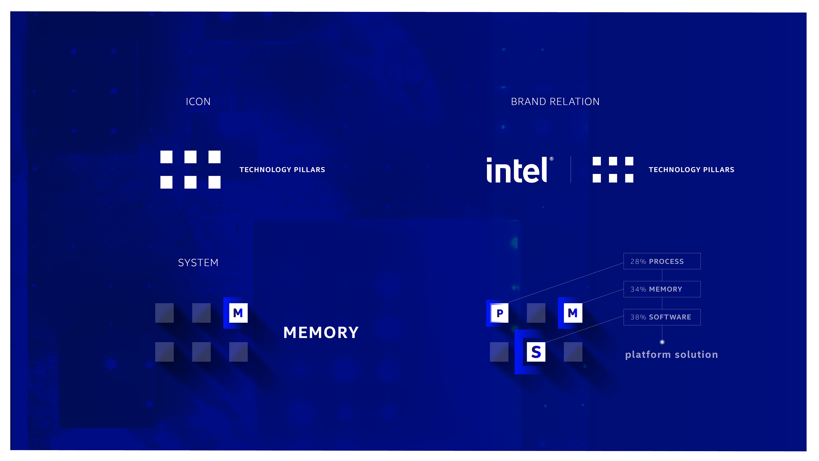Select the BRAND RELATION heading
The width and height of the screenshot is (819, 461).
[555, 102]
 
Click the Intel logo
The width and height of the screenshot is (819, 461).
[517, 170]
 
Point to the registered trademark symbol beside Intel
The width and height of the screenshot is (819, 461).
[551, 159]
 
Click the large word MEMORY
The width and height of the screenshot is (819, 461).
[321, 333]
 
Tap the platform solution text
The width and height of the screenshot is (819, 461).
[671, 355]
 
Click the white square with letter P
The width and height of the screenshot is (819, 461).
[500, 313]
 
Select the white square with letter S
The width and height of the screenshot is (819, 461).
[536, 352]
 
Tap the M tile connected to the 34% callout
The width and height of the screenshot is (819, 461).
[573, 313]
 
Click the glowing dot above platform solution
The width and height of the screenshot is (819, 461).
[662, 342]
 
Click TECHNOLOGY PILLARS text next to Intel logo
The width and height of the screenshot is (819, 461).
[691, 170]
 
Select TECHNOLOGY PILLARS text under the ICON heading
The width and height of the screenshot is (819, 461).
[282, 170]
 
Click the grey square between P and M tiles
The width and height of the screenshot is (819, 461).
[536, 313]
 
